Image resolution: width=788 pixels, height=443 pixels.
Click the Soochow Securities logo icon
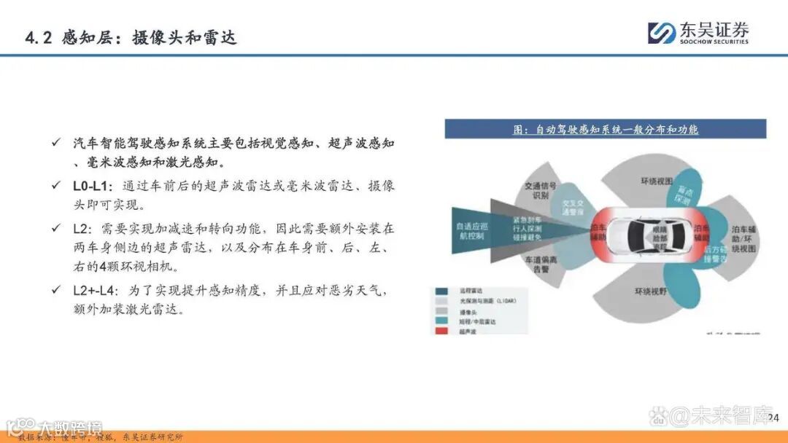coord(663,33)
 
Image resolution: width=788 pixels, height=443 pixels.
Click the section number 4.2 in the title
coord(38,37)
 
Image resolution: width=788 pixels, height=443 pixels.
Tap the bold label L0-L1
coord(93,186)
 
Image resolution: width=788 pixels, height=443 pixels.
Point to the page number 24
coord(773,417)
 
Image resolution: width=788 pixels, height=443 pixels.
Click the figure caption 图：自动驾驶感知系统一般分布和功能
coord(606,129)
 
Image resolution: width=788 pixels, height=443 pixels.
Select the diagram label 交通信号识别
coord(541,190)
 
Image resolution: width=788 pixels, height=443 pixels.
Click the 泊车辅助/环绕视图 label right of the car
coord(743,239)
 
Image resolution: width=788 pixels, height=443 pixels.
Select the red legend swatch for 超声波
coord(442,332)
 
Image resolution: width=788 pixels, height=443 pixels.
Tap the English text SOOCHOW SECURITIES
coord(714,42)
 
